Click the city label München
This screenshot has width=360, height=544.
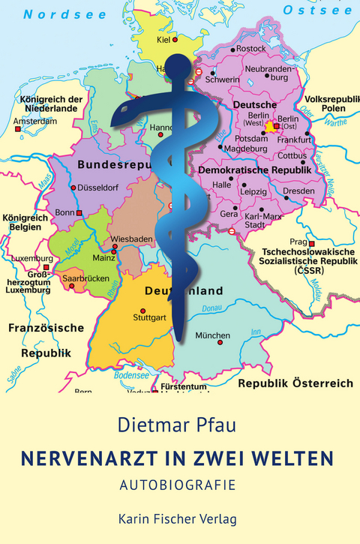213,335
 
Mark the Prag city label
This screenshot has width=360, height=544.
298,242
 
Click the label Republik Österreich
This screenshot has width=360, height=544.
295,383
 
